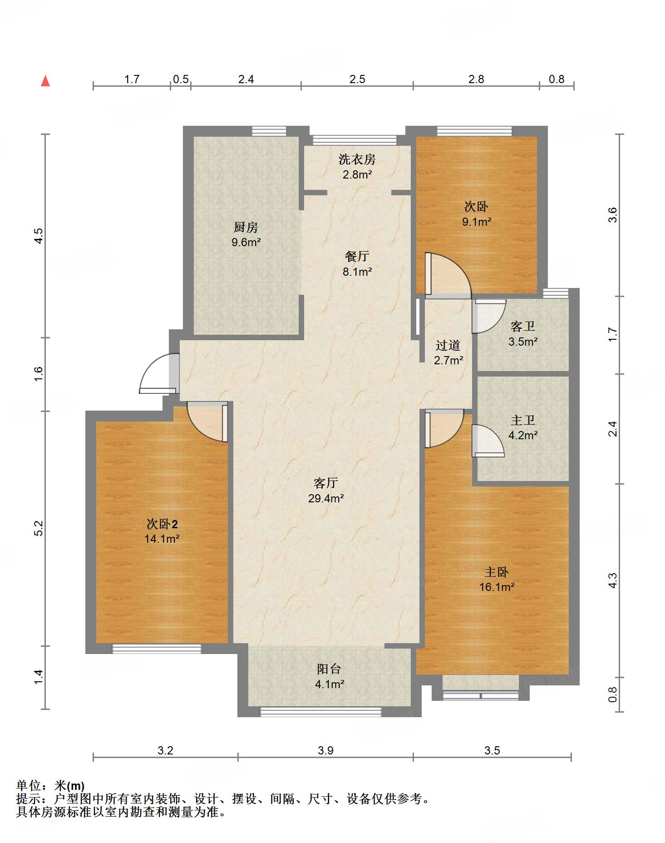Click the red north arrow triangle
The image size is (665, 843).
click(x=45, y=81)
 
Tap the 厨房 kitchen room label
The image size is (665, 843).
click(x=246, y=227)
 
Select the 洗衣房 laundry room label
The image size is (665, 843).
click(x=357, y=159)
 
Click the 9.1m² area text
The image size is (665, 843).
click(x=477, y=222)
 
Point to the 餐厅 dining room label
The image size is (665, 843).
click(x=357, y=256)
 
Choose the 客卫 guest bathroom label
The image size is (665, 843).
click(x=522, y=326)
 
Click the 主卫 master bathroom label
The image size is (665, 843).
click(x=522, y=420)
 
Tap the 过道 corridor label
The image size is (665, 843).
click(x=448, y=345)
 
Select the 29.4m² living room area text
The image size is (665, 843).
click(x=325, y=498)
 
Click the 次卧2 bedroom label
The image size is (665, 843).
click(x=162, y=524)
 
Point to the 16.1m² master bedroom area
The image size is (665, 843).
click(x=497, y=587)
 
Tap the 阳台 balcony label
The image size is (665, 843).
click(x=329, y=669)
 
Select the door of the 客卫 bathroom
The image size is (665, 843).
click(x=488, y=315)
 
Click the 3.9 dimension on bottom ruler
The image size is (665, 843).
click(x=325, y=750)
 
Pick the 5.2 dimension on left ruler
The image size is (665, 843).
click(x=39, y=528)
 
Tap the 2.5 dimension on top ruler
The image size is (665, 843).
click(x=357, y=79)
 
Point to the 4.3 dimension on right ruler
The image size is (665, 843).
click(x=613, y=580)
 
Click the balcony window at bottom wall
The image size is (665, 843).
click(x=320, y=712)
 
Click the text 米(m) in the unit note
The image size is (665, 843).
click(x=69, y=785)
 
